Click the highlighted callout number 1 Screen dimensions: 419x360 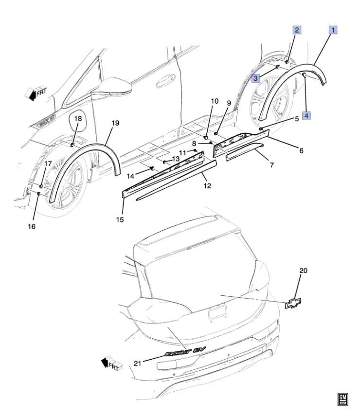click(334, 30)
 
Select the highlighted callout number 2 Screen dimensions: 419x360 click(296, 30)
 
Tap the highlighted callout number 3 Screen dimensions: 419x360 click(255, 78)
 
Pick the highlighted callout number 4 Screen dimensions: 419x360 click(306, 115)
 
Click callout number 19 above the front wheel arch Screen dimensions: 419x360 click(115, 124)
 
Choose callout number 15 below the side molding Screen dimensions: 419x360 click(120, 219)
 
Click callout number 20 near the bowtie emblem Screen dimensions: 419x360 click(304, 271)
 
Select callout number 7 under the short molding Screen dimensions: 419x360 click(271, 165)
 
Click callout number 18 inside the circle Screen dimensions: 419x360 click(77, 119)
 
